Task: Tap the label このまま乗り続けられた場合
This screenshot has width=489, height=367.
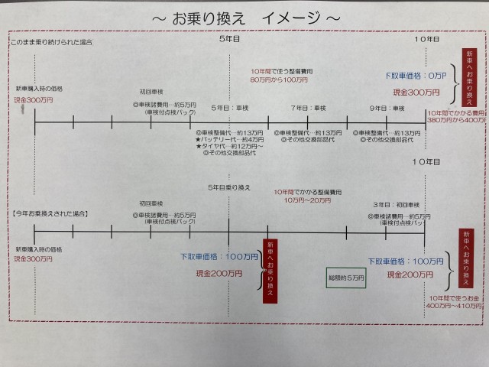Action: pyautogui.click(x=51, y=43)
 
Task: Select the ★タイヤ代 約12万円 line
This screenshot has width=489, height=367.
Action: pyautogui.click(x=228, y=146)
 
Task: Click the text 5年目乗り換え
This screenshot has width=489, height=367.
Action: pyautogui.click(x=228, y=187)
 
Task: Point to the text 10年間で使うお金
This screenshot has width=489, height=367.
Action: pyautogui.click(x=452, y=297)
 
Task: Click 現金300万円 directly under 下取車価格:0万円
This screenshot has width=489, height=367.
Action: pyautogui.click(x=416, y=92)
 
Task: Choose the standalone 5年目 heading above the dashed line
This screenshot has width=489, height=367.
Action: pyautogui.click(x=229, y=37)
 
